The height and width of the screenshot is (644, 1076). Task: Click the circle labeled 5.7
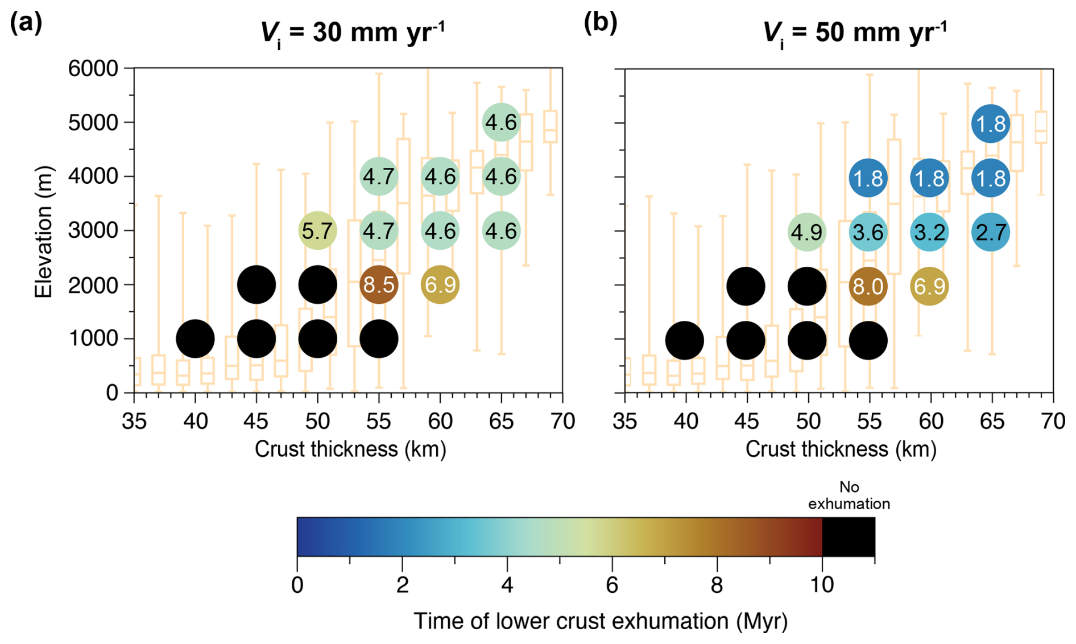point(317,231)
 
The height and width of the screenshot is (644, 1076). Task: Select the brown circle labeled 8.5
point(379,284)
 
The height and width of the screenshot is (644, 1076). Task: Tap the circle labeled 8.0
point(868,286)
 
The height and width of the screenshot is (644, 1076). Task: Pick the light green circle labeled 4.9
point(806,232)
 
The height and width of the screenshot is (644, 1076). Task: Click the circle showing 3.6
point(868,232)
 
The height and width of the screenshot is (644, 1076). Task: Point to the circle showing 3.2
point(929,232)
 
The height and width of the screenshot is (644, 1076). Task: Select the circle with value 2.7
point(991,232)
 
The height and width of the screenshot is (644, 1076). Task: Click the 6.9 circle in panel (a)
point(440,284)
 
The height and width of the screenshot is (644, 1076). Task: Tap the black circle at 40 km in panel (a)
point(195,339)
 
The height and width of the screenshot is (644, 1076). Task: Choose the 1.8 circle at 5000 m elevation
point(991,123)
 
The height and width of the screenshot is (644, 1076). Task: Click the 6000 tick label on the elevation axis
point(93,69)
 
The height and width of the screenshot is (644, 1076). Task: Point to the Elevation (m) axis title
point(43,231)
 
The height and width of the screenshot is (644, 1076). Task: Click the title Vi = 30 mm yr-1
point(353,33)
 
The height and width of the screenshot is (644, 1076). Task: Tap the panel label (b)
point(601,23)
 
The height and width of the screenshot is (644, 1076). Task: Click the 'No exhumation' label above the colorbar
point(849,496)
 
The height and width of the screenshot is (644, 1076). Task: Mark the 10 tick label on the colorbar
point(822,585)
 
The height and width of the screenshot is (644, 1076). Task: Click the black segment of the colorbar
point(849,536)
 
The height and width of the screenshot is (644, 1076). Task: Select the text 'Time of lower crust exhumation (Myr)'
point(601,621)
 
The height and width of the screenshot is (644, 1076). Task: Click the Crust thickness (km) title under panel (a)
point(350,449)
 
